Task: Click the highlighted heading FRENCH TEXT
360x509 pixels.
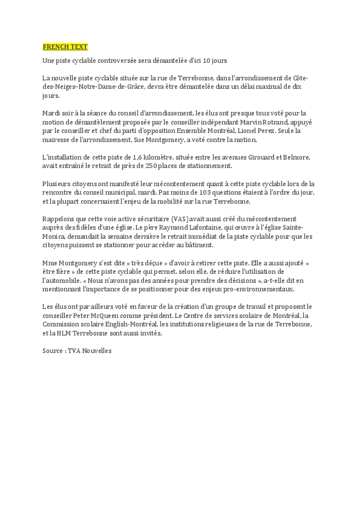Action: click(65, 47)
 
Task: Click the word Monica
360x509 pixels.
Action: click(56, 236)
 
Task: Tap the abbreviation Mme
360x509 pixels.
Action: click(49, 263)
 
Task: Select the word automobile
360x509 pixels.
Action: click(62, 280)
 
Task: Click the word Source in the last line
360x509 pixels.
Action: click(53, 351)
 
